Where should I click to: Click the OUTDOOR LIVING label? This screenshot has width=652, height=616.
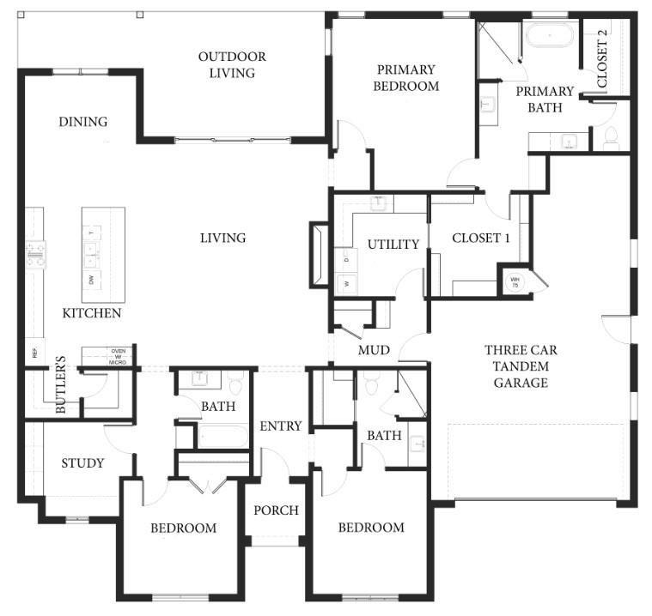232,65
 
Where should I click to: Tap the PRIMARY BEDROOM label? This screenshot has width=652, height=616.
406,78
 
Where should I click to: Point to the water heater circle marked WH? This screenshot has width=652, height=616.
515,281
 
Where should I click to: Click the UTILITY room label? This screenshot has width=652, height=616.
393,245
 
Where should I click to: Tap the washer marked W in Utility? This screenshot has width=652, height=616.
347,282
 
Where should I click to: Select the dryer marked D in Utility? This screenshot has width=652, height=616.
347,257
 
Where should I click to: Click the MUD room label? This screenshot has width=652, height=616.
375,351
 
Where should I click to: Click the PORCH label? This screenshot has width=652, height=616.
276,510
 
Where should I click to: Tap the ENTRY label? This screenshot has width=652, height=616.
281,426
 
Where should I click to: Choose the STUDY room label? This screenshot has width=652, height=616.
82,463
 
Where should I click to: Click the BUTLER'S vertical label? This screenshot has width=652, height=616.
61,395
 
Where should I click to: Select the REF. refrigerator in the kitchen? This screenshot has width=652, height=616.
35,351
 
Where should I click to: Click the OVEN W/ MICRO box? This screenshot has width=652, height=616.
118,356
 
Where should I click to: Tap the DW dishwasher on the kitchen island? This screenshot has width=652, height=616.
92,279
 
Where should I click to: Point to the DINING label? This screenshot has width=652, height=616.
83,122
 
